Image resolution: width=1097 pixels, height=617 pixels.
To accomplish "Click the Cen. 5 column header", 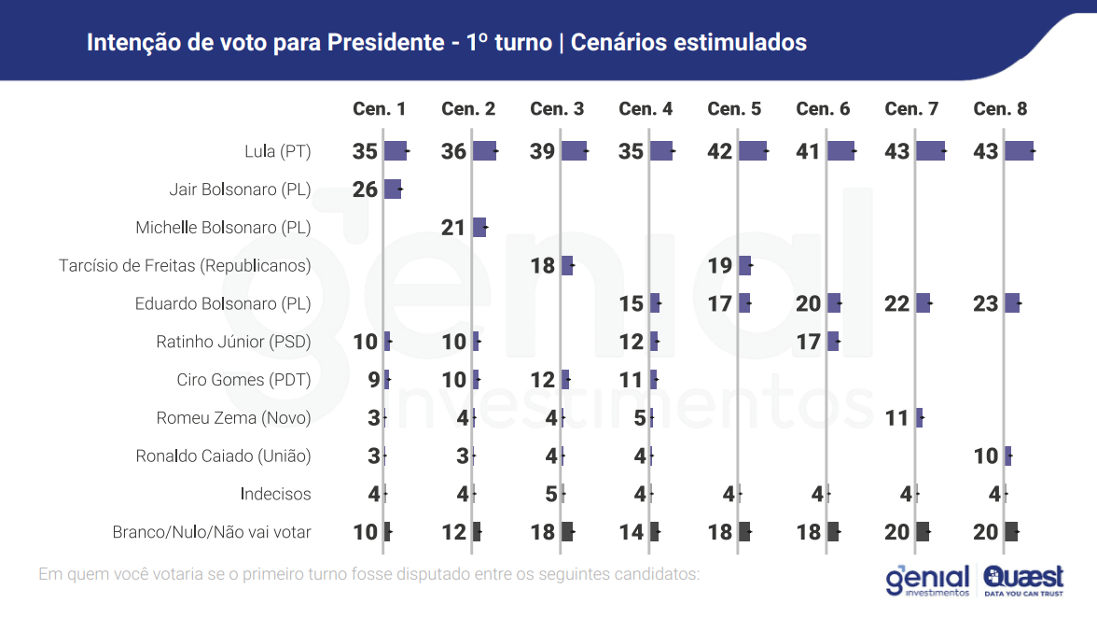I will click(734, 109).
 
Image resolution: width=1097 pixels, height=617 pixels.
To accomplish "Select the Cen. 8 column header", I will click(1000, 109).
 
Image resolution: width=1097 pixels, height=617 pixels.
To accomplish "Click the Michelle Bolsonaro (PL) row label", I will click(223, 228).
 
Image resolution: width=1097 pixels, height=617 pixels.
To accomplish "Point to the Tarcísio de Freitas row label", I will click(185, 266).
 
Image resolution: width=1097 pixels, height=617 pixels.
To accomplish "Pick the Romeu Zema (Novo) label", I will click(233, 418).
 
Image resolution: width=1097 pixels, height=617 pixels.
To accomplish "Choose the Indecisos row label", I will click(275, 494).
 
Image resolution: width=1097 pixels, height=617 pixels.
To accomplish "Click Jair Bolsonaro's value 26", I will click(366, 189).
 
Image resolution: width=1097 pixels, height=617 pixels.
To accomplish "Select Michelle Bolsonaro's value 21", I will click(453, 228).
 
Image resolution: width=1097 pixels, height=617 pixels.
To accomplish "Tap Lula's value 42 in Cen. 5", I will click(720, 151).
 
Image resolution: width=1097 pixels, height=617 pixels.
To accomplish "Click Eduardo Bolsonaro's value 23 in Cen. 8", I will click(986, 303).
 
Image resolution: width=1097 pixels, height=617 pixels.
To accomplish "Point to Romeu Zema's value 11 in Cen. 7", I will click(897, 418).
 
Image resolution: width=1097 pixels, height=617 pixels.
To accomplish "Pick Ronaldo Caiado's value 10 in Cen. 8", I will click(986, 456).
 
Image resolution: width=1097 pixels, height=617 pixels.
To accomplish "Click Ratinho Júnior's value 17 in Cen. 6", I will click(809, 342).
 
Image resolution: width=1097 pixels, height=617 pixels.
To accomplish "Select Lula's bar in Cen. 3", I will click(574, 151).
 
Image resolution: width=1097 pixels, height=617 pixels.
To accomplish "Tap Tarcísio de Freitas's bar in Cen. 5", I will click(744, 266).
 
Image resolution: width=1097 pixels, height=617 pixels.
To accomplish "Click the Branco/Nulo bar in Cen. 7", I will click(923, 532).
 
